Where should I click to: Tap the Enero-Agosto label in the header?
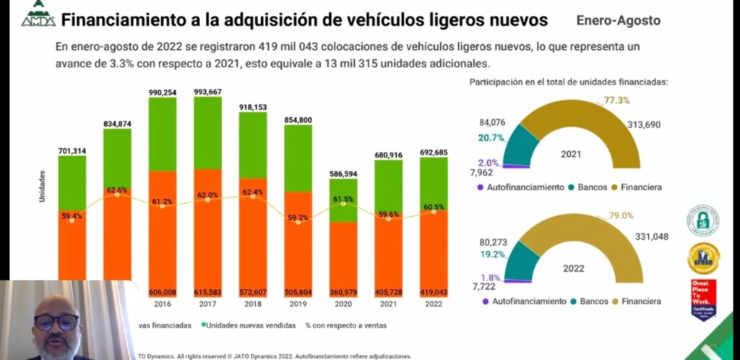618,20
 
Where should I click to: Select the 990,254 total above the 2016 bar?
163,85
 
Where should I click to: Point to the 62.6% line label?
117,190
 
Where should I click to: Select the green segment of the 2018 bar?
253,145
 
